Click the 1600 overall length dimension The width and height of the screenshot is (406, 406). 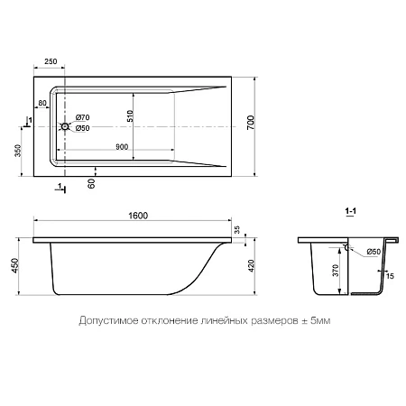137,215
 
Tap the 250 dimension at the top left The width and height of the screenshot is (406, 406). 51,60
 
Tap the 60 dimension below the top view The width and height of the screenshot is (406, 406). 92,184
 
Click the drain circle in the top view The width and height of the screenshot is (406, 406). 63,127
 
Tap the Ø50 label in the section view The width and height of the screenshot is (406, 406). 370,253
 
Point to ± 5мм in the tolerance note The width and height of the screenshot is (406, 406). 312,320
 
